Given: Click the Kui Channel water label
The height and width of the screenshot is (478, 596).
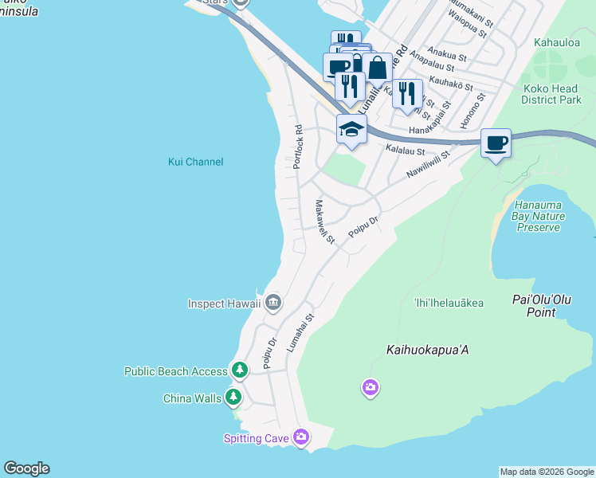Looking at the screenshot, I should (195, 162).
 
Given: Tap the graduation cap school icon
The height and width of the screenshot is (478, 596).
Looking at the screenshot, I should (351, 128).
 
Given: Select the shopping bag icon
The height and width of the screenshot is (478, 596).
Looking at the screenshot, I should (378, 69).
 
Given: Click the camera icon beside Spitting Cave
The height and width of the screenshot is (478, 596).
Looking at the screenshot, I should (300, 436).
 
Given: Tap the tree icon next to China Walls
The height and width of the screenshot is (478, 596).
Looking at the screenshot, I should (233, 397).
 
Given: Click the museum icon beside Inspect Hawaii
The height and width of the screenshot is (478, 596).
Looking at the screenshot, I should (273, 302).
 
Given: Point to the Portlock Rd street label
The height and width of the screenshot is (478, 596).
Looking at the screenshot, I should (298, 146).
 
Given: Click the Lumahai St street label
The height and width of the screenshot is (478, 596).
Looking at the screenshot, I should (300, 334).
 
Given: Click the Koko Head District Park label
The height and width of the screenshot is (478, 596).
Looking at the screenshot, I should (551, 94).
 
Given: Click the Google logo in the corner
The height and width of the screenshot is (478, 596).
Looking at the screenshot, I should (26, 468).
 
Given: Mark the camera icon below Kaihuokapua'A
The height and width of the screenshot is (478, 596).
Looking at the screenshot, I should (370, 387).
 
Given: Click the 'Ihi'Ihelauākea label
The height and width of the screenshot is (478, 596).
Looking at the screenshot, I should (449, 303).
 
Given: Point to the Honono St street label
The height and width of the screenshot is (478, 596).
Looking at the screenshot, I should (473, 112).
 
